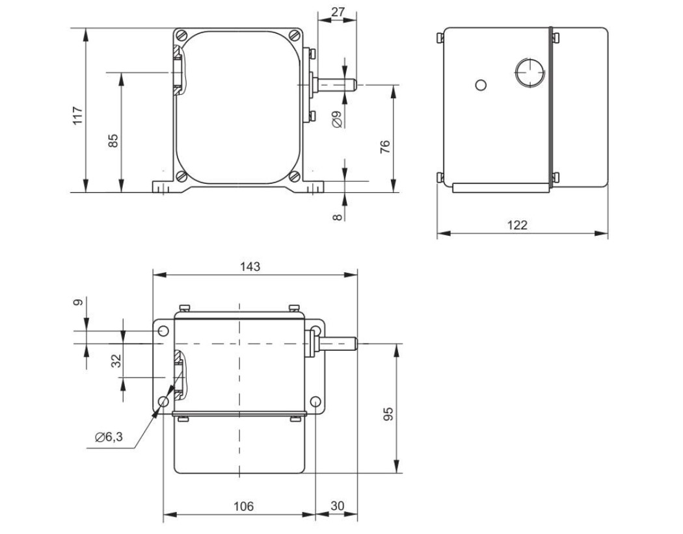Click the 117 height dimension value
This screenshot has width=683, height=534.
point(77,115)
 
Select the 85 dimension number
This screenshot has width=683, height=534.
point(113,140)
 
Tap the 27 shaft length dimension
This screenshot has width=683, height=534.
point(338,12)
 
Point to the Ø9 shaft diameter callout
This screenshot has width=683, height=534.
point(336,119)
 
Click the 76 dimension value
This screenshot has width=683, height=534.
point(385,147)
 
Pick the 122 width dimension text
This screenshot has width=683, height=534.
point(517,225)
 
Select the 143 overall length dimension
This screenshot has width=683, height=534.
point(250,266)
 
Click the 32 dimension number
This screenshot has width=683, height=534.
point(116,361)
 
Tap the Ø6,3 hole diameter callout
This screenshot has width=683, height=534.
point(109,437)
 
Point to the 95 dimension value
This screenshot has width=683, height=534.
point(388,414)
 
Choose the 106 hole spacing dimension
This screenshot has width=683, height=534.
point(243,506)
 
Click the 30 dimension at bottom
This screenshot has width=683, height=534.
point(338,505)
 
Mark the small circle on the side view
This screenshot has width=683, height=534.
point(481,85)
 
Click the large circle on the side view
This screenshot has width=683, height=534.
point(529,71)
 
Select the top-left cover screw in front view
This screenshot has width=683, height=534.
point(181,35)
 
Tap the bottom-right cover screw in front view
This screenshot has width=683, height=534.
point(295,176)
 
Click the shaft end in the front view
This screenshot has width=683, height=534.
point(355,85)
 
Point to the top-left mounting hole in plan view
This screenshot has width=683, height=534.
point(163,331)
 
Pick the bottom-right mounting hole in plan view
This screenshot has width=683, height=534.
point(315,401)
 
